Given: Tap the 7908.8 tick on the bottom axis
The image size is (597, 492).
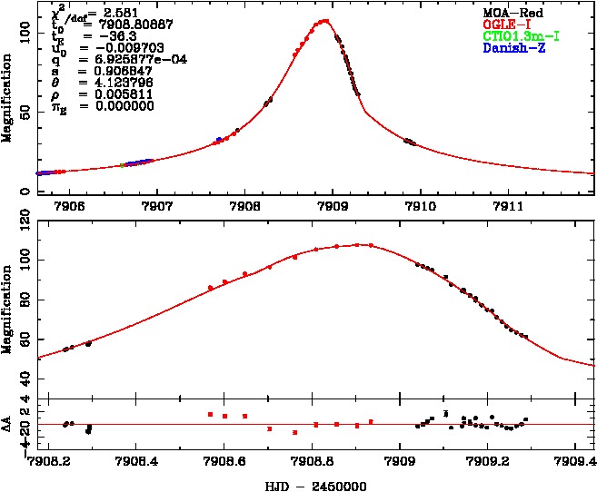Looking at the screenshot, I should tap(313, 461).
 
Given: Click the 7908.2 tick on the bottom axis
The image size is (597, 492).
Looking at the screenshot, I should tap(50, 461).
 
